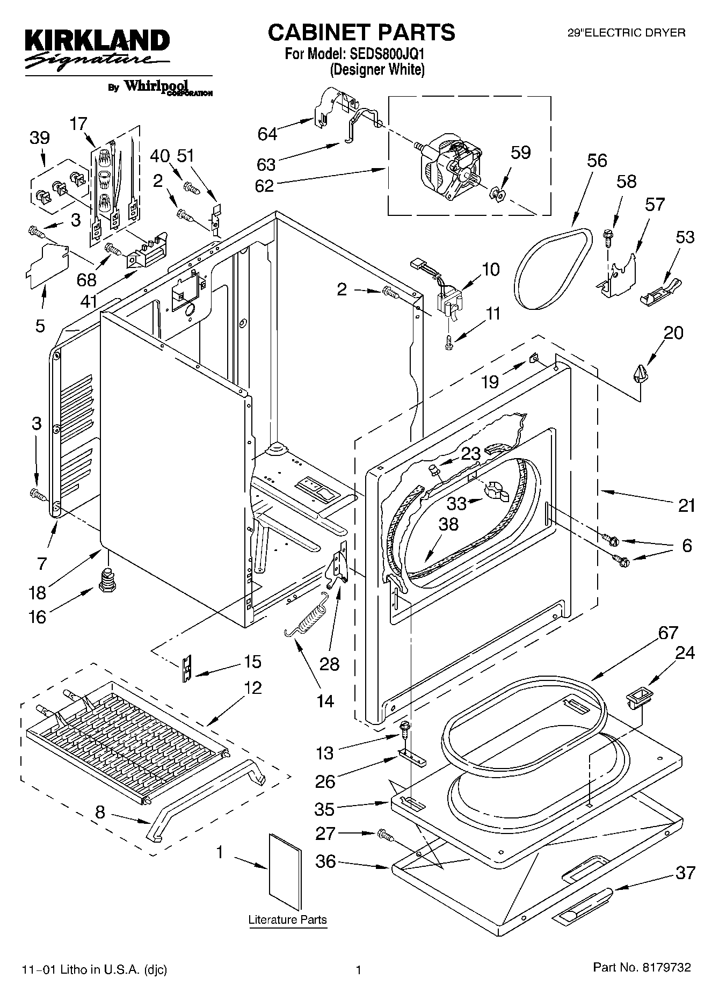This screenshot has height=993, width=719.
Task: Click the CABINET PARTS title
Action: pyautogui.click(x=361, y=32)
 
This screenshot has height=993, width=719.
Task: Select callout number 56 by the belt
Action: pyautogui.click(x=597, y=161)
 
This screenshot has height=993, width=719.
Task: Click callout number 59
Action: pyautogui.click(x=520, y=153)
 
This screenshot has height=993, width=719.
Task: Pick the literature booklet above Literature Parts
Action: pyautogui.click(x=285, y=867)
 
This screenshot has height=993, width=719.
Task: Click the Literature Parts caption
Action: pyautogui.click(x=287, y=919)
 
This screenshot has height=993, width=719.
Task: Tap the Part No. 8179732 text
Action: pyautogui.click(x=642, y=968)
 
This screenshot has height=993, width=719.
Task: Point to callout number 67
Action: pyautogui.click(x=668, y=633)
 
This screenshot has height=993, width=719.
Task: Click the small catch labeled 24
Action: pyautogui.click(x=639, y=698)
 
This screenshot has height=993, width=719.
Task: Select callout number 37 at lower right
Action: pyautogui.click(x=685, y=873)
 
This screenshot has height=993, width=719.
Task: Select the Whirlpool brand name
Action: pyautogui.click(x=156, y=86)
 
